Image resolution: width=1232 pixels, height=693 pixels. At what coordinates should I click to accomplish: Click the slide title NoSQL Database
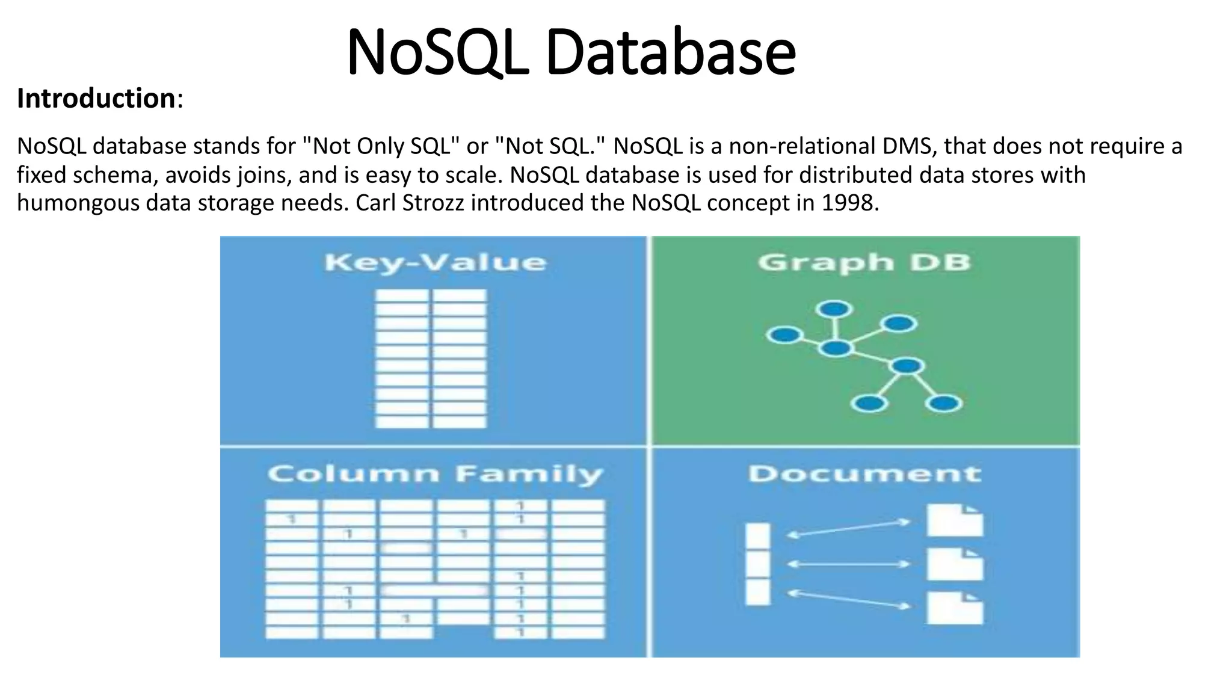(571, 53)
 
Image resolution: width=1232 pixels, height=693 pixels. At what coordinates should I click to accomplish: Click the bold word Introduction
(96, 98)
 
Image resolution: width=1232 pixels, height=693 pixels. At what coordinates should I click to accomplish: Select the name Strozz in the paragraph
(433, 203)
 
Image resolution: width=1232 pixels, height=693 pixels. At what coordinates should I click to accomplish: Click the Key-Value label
(435, 263)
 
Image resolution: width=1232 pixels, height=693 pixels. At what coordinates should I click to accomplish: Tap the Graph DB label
(864, 263)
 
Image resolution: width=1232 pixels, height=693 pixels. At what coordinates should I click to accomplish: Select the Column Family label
(435, 474)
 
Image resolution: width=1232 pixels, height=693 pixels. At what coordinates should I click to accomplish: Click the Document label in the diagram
(864, 474)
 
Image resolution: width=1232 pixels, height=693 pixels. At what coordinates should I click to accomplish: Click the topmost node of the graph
(834, 309)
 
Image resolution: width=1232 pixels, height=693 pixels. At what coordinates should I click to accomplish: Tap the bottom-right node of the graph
(943, 403)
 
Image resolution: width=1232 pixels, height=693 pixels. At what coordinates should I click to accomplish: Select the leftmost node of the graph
(784, 334)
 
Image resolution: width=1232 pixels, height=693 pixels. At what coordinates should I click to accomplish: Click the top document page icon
(955, 521)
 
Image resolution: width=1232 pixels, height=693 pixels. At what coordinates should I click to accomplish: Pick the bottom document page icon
(955, 608)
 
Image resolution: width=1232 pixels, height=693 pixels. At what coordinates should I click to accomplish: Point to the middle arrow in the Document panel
(849, 564)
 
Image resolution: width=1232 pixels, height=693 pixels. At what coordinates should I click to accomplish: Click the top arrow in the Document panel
(849, 528)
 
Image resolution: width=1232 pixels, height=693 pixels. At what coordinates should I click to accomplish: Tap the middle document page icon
(955, 565)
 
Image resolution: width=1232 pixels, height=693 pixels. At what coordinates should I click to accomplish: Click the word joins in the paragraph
(265, 175)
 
